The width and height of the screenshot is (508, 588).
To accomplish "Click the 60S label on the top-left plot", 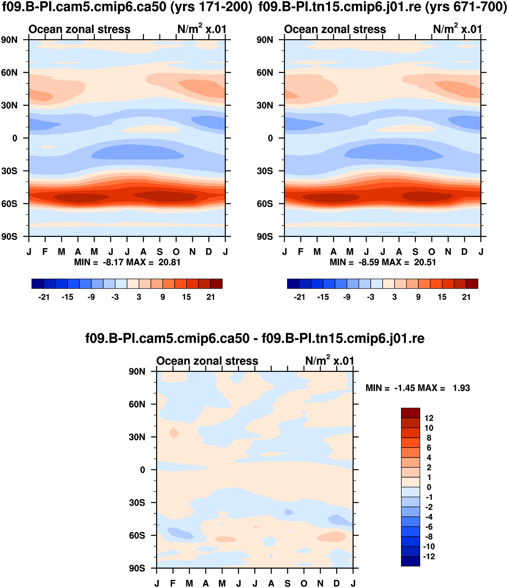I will (x=9, y=204).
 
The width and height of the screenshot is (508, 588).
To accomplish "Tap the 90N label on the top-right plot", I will (x=265, y=40).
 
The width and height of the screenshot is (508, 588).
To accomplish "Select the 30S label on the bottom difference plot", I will (x=137, y=503).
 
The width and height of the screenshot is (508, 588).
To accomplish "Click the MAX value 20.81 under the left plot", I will (x=169, y=262).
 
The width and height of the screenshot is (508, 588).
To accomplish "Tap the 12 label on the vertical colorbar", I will (x=429, y=418).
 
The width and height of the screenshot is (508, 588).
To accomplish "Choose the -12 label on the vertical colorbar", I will (x=429, y=556).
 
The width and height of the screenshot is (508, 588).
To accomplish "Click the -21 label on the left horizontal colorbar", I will (x=44, y=297).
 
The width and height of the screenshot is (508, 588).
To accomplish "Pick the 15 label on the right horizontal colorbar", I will (x=442, y=297).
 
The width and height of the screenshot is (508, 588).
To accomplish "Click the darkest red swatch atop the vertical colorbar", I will (x=410, y=413).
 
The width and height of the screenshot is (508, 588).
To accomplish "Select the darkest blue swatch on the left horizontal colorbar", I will (x=38, y=284).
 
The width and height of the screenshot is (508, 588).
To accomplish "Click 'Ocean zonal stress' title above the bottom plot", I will (x=207, y=361).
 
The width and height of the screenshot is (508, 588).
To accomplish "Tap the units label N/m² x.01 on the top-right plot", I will (x=457, y=29).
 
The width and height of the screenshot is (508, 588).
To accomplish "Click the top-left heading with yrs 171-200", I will (x=127, y=7).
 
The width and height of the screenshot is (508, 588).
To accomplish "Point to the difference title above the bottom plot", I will (x=255, y=338).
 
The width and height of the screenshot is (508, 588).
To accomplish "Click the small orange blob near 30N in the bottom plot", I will (x=174, y=433).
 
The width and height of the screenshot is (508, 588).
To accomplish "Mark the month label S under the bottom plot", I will (x=288, y=583).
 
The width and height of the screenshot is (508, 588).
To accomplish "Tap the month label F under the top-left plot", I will (x=45, y=252).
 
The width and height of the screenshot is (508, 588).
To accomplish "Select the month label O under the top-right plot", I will (x=432, y=252).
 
